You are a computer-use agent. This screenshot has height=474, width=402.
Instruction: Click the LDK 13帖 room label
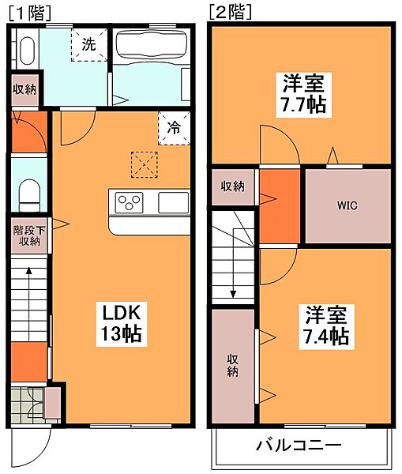tap(121, 323)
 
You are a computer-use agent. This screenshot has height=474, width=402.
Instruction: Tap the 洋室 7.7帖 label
tap(303, 94)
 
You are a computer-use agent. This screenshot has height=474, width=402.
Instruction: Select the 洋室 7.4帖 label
tap(326, 326)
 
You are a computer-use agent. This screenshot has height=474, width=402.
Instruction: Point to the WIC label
tap(348, 205)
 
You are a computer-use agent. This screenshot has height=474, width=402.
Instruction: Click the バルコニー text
tap(299, 445)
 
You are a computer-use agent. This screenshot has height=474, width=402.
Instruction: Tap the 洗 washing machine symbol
tap(89, 44)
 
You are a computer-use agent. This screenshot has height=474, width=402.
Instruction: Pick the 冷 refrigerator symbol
tap(174, 128)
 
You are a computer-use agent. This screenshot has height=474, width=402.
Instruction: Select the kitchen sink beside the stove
tap(174, 202)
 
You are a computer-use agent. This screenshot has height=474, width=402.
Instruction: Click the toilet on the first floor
tap(30, 195)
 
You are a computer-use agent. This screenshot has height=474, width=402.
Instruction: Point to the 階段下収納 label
tap(29, 235)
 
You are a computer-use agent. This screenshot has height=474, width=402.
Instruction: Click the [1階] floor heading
tap(30, 13)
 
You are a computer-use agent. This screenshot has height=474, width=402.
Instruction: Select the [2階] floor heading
tap(231, 13)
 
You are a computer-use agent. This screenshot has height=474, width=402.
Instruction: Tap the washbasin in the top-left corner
tap(27, 51)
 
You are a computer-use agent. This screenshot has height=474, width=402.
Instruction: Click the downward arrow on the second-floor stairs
tap(233, 264)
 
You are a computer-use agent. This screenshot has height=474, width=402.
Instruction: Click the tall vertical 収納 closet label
tap(232, 366)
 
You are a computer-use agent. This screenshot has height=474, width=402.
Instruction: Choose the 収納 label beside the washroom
tap(24, 89)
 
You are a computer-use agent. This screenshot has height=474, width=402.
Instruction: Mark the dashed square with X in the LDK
tap(145, 165)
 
